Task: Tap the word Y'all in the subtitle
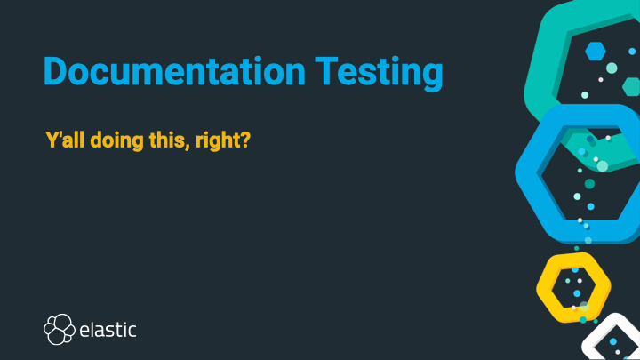tap(63, 140)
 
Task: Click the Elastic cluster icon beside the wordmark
tap(59, 329)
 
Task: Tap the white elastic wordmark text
tap(108, 330)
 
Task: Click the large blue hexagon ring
tap(531, 173)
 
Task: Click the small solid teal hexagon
tap(631, 86)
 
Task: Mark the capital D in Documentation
tap(57, 71)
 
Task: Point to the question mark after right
tap(243, 140)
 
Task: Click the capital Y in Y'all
tap(51, 140)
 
